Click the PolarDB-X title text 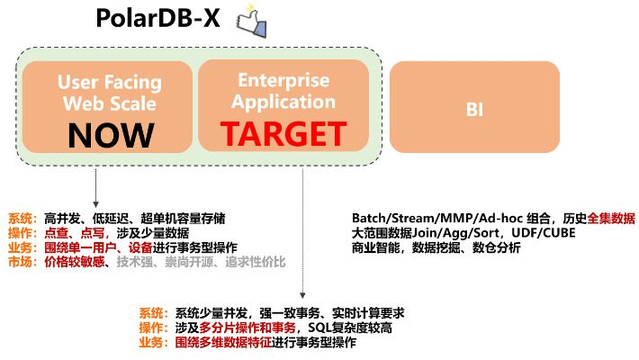[x=158, y=19]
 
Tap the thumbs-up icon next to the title [x=249, y=22]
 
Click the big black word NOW [x=111, y=134]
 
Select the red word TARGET [x=283, y=134]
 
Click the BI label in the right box [x=474, y=109]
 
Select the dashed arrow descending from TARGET [x=302, y=234]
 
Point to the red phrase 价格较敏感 [x=74, y=262]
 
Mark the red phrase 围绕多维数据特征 [x=218, y=343]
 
